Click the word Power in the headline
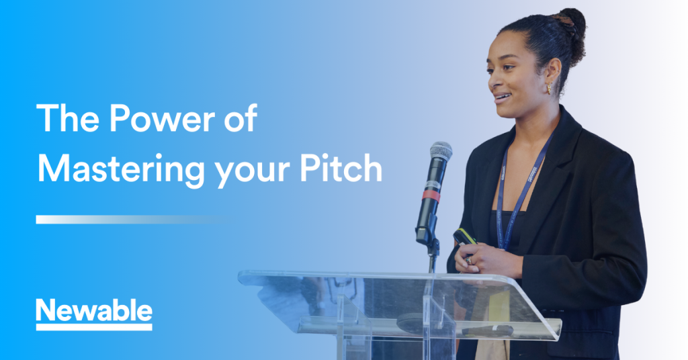click(x=162, y=118)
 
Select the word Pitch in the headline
click(x=341, y=168)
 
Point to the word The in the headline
click(x=68, y=118)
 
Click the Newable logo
click(x=94, y=314)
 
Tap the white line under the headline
click(x=132, y=219)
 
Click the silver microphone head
click(x=441, y=151)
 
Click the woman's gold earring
click(x=549, y=88)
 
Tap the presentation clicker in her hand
click(x=465, y=237)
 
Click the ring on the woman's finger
click(x=468, y=260)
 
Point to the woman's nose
click(x=492, y=80)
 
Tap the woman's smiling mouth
click(x=503, y=97)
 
